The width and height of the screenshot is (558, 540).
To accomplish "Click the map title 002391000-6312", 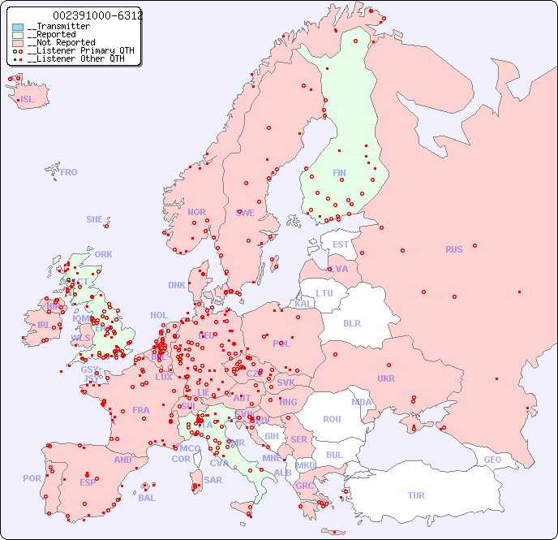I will [x=97, y=15].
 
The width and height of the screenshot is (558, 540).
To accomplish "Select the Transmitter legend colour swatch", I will [x=18, y=27].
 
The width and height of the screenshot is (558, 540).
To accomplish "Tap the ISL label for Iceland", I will [x=28, y=100].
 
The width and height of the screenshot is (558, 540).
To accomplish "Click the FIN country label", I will [x=339, y=173].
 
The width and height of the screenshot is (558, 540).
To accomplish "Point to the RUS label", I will [x=453, y=249].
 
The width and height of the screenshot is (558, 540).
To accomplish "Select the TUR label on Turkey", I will [x=416, y=495].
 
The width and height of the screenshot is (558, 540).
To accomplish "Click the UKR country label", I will [x=386, y=378].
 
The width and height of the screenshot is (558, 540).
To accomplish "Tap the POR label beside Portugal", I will [x=32, y=478].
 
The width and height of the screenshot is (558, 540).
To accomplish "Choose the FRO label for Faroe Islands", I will [x=69, y=172].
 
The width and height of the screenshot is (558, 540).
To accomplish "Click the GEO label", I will [x=492, y=460].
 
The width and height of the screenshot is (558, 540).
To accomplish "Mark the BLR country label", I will [x=351, y=322].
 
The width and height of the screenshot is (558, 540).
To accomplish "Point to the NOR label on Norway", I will [x=196, y=212].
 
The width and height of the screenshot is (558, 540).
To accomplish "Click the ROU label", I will [x=332, y=419].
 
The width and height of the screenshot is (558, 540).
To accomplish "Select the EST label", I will [x=341, y=244].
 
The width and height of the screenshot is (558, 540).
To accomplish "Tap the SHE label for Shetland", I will [x=95, y=219].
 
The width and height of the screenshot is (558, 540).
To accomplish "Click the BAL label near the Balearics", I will [x=146, y=498].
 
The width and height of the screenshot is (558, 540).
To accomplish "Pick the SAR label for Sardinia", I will [x=212, y=480].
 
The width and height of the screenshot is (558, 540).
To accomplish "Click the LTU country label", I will [x=324, y=293].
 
